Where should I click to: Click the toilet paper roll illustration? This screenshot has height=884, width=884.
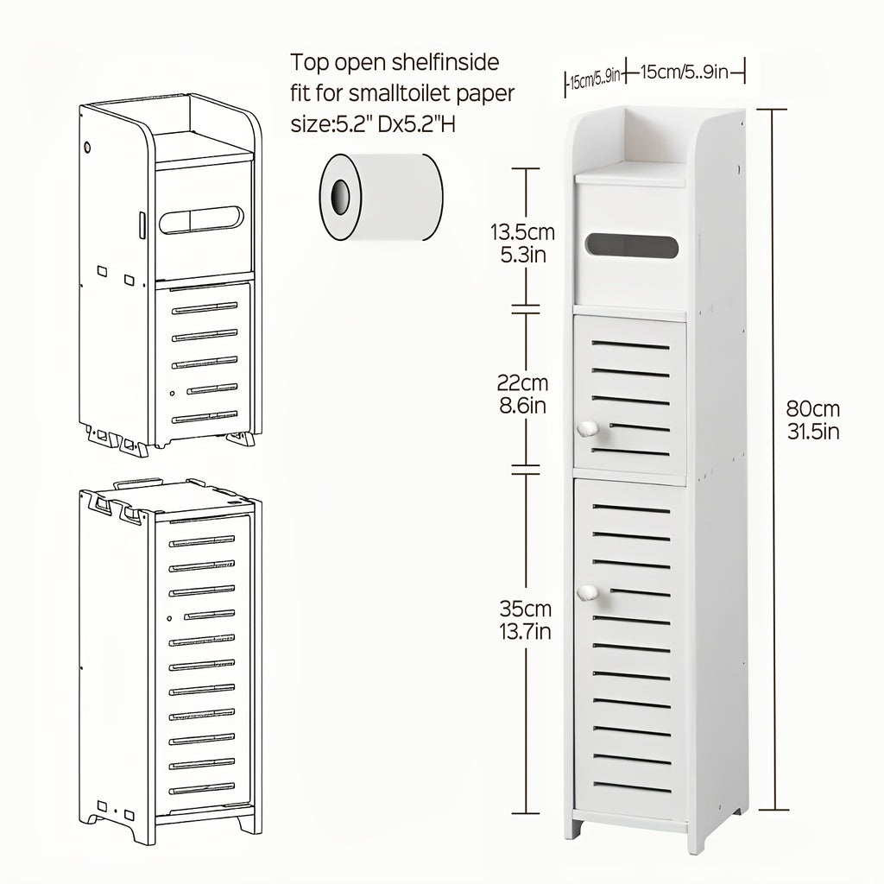pyautogui.click(x=380, y=198)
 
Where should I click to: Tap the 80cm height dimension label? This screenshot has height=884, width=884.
pyautogui.click(x=812, y=409)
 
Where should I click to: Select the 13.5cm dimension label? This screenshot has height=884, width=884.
pyautogui.click(x=522, y=233)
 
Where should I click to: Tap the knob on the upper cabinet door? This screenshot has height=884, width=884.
pyautogui.click(x=588, y=427)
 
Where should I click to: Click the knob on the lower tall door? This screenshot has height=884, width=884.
pyautogui.click(x=588, y=593)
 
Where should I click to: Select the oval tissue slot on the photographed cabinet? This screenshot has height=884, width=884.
pyautogui.click(x=632, y=246)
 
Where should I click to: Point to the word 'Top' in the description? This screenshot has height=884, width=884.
pyautogui.click(x=308, y=63)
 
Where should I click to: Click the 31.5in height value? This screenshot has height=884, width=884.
pyautogui.click(x=812, y=432)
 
